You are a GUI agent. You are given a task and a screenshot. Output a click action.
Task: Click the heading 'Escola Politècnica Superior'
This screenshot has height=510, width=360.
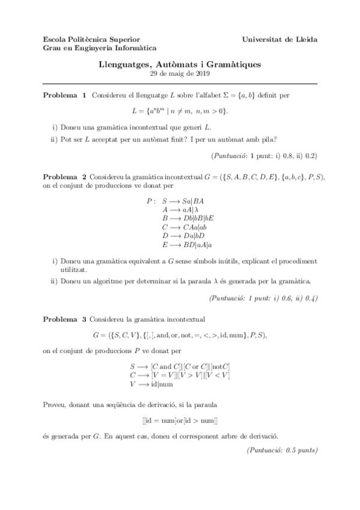(87, 39)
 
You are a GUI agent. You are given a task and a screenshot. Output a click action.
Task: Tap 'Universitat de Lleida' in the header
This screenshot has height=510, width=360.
(279, 39)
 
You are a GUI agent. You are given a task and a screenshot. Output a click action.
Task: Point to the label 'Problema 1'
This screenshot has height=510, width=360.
(65, 95)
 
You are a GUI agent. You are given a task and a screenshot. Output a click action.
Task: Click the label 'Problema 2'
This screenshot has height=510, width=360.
(65, 177)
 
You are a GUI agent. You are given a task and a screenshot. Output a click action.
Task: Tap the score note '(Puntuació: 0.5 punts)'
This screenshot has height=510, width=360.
(282, 450)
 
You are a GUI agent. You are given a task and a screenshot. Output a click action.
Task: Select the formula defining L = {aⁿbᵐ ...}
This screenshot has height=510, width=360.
(180, 111)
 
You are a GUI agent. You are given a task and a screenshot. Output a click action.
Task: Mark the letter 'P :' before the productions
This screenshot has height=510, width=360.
(151, 200)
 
